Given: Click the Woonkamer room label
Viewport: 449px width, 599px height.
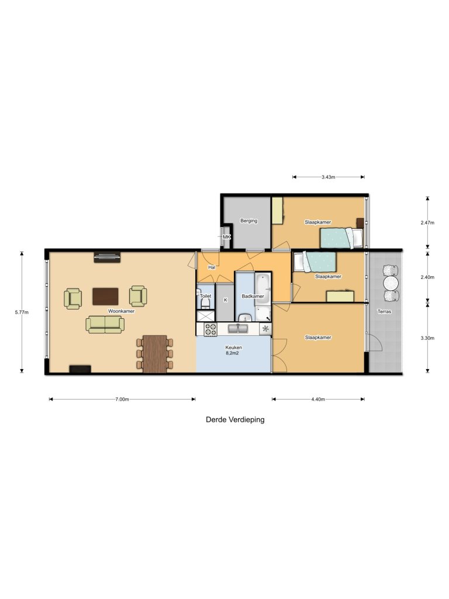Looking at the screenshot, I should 121,311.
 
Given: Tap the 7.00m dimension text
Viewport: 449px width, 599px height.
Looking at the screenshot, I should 122,400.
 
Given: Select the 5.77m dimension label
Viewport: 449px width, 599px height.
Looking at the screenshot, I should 20,312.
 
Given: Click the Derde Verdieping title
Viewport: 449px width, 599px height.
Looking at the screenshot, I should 235,419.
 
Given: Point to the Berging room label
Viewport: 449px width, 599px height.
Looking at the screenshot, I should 248,221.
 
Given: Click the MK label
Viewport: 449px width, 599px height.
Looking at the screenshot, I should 227,237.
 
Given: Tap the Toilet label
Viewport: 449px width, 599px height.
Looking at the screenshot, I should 205,297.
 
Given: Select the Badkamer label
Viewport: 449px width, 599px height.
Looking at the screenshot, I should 253,297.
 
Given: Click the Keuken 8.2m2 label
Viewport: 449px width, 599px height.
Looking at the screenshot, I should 234,350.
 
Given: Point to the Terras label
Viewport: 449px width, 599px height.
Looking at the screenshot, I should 384,312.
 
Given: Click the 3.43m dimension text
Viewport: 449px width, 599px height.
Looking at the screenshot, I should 329,177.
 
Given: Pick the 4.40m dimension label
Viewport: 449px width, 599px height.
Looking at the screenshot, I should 318,400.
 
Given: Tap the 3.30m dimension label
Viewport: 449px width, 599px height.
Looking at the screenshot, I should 429,338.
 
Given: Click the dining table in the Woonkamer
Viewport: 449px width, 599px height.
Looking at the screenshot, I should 155,353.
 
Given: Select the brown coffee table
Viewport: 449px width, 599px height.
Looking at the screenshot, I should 105,296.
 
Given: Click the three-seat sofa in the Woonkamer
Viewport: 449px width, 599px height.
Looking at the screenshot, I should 105,325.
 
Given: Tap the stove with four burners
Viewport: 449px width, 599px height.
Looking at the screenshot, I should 210,330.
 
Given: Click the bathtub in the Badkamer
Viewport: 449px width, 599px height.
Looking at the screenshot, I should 263,287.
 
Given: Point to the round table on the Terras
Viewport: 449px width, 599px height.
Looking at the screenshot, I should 390,283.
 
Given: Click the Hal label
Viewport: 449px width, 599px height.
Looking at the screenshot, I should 212,267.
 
